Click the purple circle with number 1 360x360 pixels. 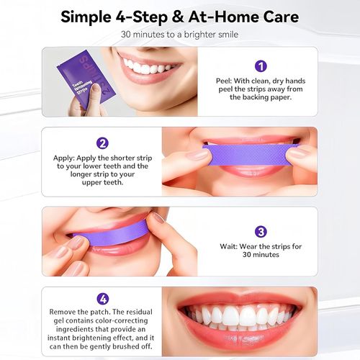coord(261,66)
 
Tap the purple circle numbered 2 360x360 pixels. coord(102,143)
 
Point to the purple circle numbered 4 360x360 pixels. coord(102,297)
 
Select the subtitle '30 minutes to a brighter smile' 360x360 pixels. coord(179,35)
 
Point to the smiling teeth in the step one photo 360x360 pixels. coord(148,68)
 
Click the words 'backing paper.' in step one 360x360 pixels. coord(260,96)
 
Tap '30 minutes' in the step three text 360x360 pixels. coord(259,255)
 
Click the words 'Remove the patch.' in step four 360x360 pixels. coord(81,311)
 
